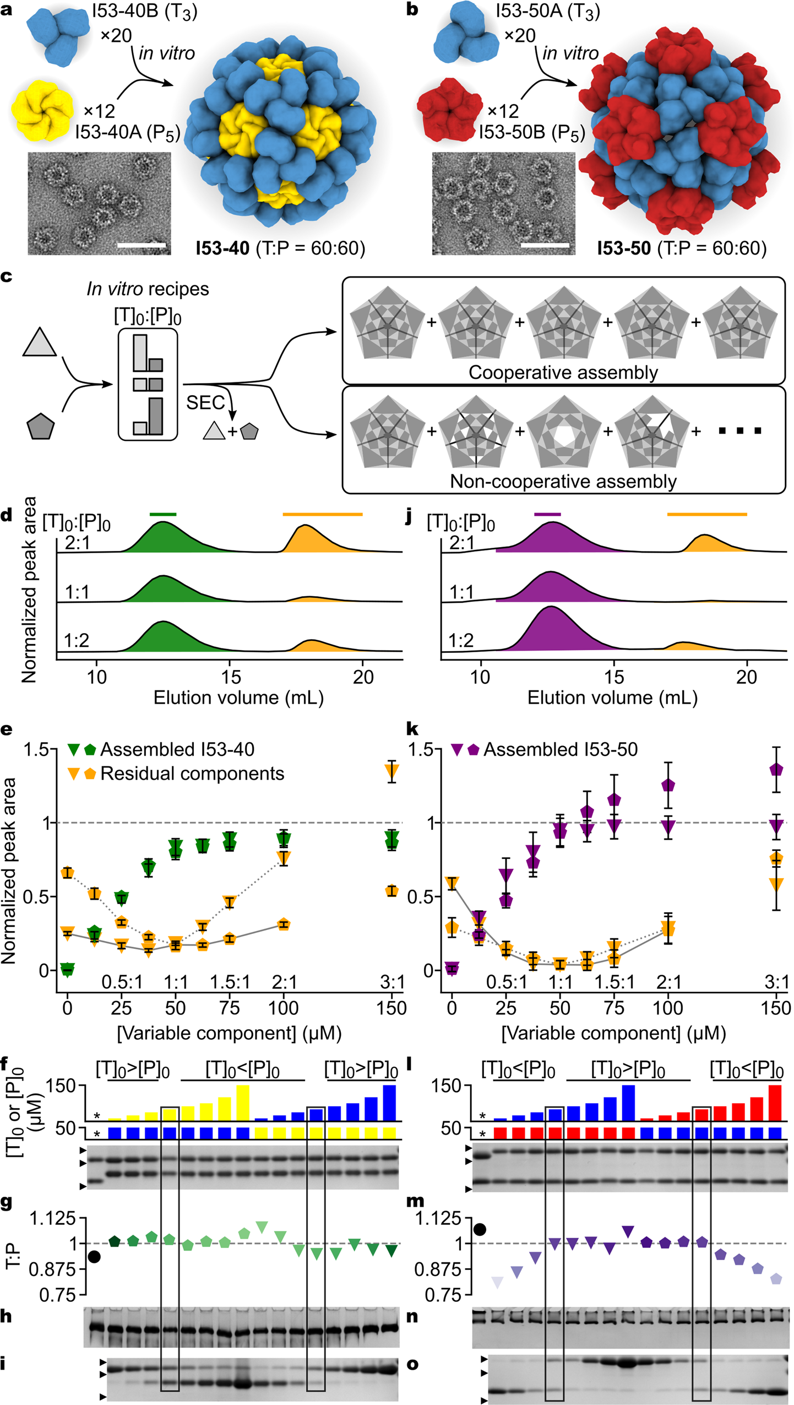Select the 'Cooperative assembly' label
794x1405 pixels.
pyautogui.click(x=563, y=372)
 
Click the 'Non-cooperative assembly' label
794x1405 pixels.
pyautogui.click(x=563, y=481)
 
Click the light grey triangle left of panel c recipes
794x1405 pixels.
pyautogui.click(x=40, y=344)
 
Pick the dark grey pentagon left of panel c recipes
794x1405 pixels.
pyautogui.click(x=41, y=426)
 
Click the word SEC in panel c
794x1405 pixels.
pyautogui.click(x=205, y=403)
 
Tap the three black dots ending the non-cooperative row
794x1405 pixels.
pyautogui.click(x=740, y=430)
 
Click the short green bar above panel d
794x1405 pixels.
pyautogui.click(x=163, y=514)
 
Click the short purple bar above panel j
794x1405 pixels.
pyautogui.click(x=547, y=514)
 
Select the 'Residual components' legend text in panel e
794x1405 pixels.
pyautogui.click(x=192, y=773)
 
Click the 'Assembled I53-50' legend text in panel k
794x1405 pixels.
pyautogui.click(x=560, y=749)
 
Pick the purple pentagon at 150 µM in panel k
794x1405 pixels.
pyautogui.click(x=776, y=769)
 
